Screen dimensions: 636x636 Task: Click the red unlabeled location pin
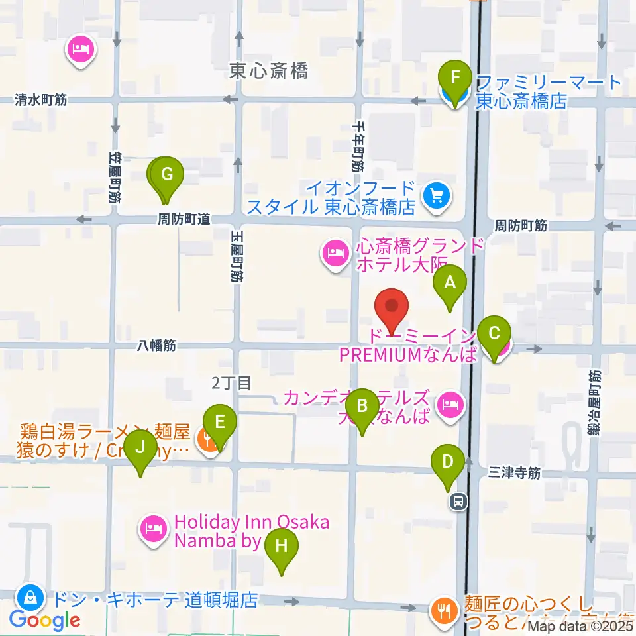pos(392,307)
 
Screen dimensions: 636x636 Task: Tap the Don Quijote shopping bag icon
pos(30,597)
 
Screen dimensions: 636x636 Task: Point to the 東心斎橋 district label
pos(268,71)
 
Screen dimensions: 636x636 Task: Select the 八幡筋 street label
pos(156,345)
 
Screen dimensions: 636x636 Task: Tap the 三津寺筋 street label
pos(515,473)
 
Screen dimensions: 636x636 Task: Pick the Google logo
pos(45,620)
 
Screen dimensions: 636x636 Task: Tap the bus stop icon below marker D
pos(457,502)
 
